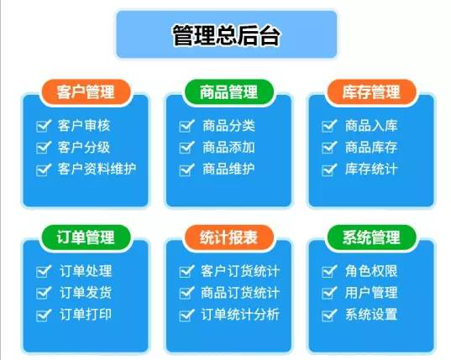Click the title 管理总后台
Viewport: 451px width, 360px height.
tap(225, 35)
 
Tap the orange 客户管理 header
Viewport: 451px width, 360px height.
tap(85, 91)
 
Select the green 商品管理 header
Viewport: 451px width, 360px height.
tap(229, 91)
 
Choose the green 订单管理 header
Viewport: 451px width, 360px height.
tap(85, 237)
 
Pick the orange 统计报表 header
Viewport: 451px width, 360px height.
tap(229, 237)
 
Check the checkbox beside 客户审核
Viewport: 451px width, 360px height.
tap(42, 126)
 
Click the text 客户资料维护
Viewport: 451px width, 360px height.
tap(97, 169)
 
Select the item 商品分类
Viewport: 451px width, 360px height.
tap(228, 126)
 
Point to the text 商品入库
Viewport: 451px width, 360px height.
tap(371, 126)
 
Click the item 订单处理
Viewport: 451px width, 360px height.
tap(85, 271)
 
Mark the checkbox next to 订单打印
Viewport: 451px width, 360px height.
tap(42, 315)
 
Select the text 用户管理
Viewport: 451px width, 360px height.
tap(371, 293)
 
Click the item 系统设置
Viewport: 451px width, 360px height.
tap(371, 315)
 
